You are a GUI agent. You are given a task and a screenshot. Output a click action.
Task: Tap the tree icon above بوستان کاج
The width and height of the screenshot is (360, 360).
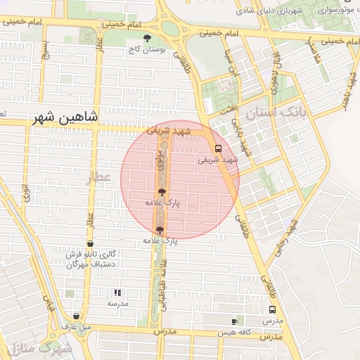tap(146, 39)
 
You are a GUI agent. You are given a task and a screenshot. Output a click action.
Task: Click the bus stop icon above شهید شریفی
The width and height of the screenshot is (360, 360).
tap(218, 148)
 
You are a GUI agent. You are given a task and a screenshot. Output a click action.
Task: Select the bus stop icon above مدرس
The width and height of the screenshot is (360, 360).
tap(272, 309)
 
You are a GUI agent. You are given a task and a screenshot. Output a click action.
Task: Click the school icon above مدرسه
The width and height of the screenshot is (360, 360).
tap(117, 292)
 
